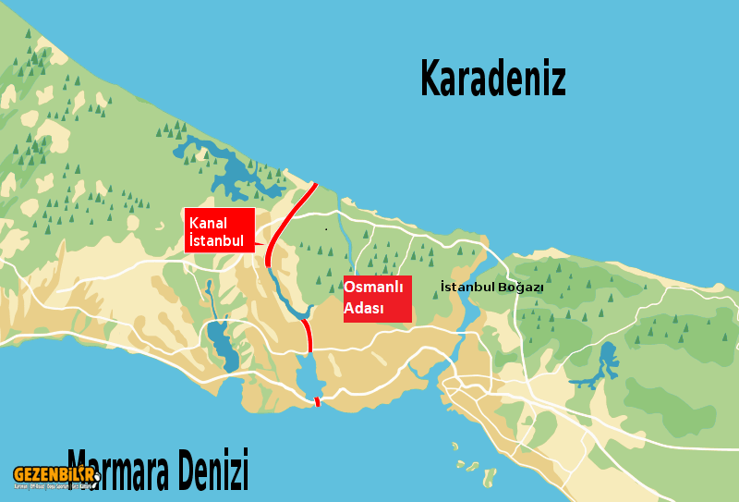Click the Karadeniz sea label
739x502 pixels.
[x=492, y=80]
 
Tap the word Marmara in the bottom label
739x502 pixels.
[x=129, y=469]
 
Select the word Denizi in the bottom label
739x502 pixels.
[x=211, y=469]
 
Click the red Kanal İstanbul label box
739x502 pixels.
[x=219, y=231]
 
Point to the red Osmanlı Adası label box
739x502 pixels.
[x=377, y=299]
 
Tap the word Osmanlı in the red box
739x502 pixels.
[x=373, y=288]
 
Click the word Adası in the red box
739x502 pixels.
[x=364, y=309]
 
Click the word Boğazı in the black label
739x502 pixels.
[x=521, y=288]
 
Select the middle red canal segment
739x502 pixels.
[x=308, y=336]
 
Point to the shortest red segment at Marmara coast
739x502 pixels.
[x=317, y=401]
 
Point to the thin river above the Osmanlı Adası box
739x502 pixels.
[x=344, y=236]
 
